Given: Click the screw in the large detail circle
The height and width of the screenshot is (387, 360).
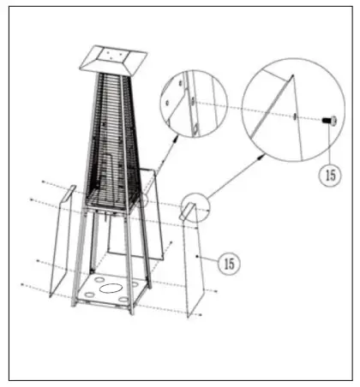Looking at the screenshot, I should [327, 122].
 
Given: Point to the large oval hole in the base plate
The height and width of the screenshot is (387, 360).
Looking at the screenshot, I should [108, 290].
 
